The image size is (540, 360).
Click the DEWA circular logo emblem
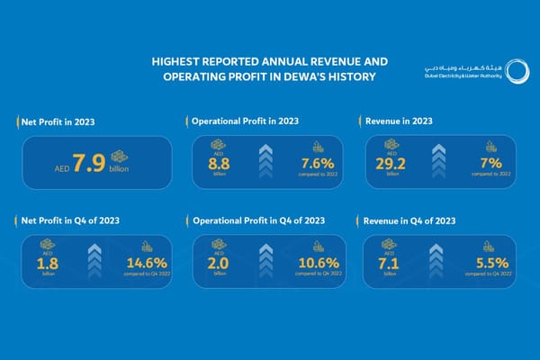coord(517,71)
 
